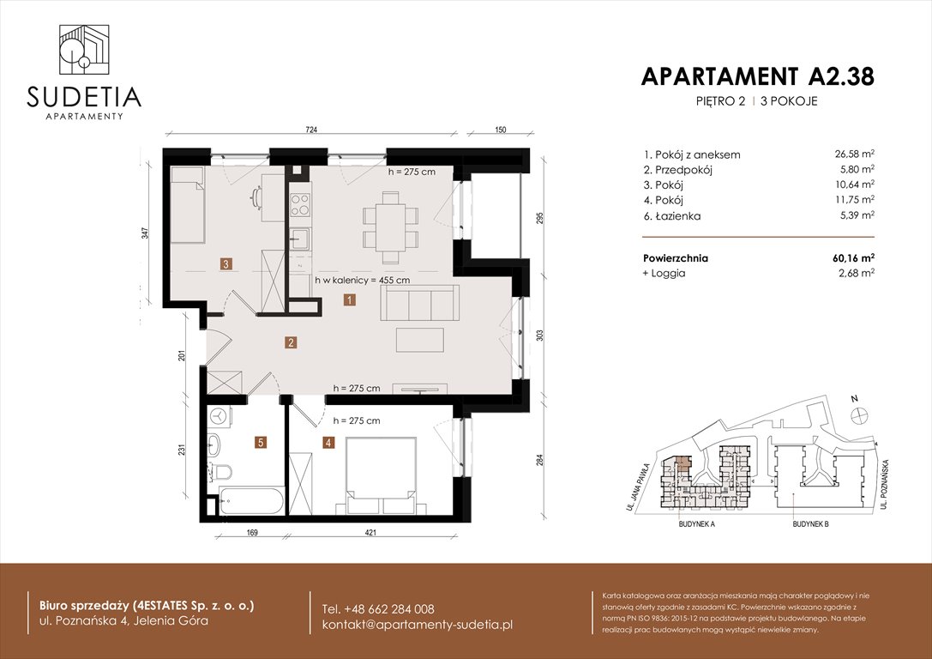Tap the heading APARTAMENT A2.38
[x=757, y=76]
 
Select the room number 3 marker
[x=225, y=264]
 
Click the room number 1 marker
[x=350, y=299]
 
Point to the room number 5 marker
[x=261, y=443]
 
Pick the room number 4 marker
[x=328, y=443]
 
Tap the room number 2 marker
[x=292, y=343]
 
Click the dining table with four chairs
[x=390, y=227]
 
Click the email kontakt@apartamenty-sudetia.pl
[x=417, y=624]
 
